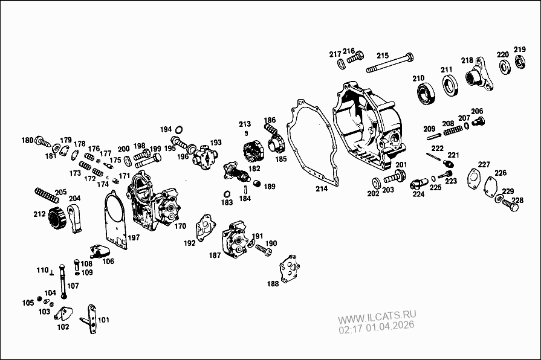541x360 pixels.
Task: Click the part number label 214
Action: (x=322, y=188)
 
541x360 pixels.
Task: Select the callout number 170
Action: (x=180, y=227)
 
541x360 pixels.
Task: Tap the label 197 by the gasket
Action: (x=134, y=237)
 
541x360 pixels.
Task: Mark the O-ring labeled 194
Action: (x=180, y=129)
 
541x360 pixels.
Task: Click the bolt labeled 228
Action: (x=509, y=207)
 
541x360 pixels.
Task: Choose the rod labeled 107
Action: (x=62, y=284)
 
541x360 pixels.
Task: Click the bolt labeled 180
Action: (x=43, y=142)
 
